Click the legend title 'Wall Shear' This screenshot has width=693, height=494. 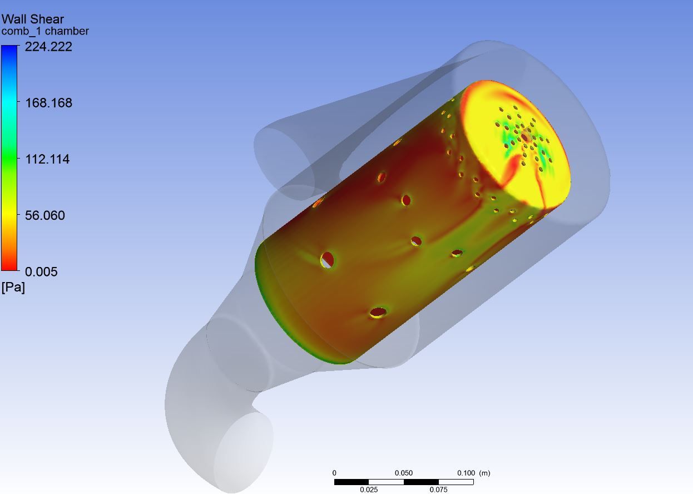[32, 19]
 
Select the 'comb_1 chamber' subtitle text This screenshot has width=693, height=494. [45, 31]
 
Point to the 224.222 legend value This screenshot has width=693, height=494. [48, 47]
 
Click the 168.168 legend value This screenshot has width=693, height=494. [48, 103]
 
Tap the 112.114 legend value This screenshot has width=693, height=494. [47, 159]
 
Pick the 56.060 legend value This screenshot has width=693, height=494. [45, 215]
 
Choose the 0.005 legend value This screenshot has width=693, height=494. [41, 272]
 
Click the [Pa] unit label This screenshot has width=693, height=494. [13, 288]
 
